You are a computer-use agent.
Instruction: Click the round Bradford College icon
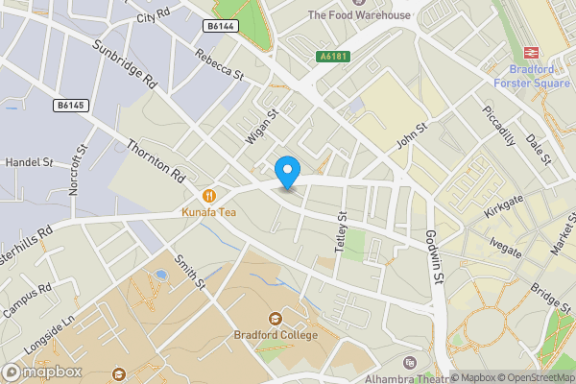point(276,319)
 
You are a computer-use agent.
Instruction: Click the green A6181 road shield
point(333,57)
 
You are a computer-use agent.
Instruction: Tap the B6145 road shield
point(70,104)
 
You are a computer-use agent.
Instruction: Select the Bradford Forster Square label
point(532,76)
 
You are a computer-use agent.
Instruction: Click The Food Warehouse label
point(358,14)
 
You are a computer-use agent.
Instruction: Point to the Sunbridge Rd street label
point(125,64)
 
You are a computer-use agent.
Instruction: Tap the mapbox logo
point(42,372)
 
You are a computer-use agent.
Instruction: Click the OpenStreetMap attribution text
point(533,376)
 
